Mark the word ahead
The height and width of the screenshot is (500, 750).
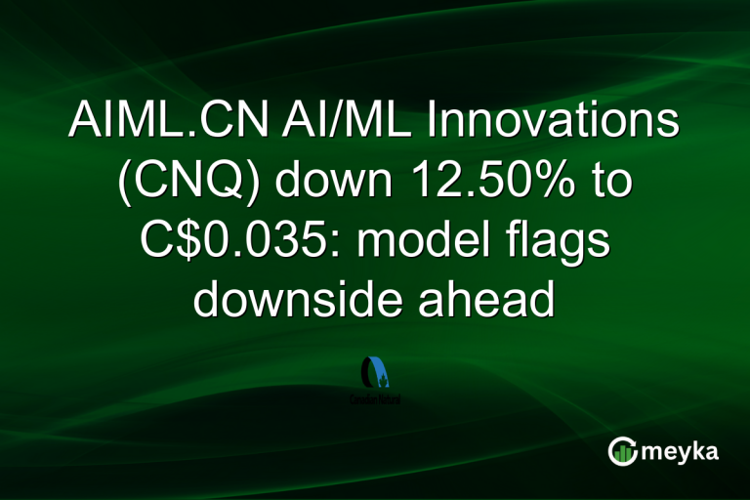(x=489, y=300)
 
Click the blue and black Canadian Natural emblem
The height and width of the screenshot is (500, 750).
(x=375, y=372)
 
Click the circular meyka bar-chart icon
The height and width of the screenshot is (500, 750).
(x=623, y=450)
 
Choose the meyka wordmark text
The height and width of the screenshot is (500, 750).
(x=681, y=451)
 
